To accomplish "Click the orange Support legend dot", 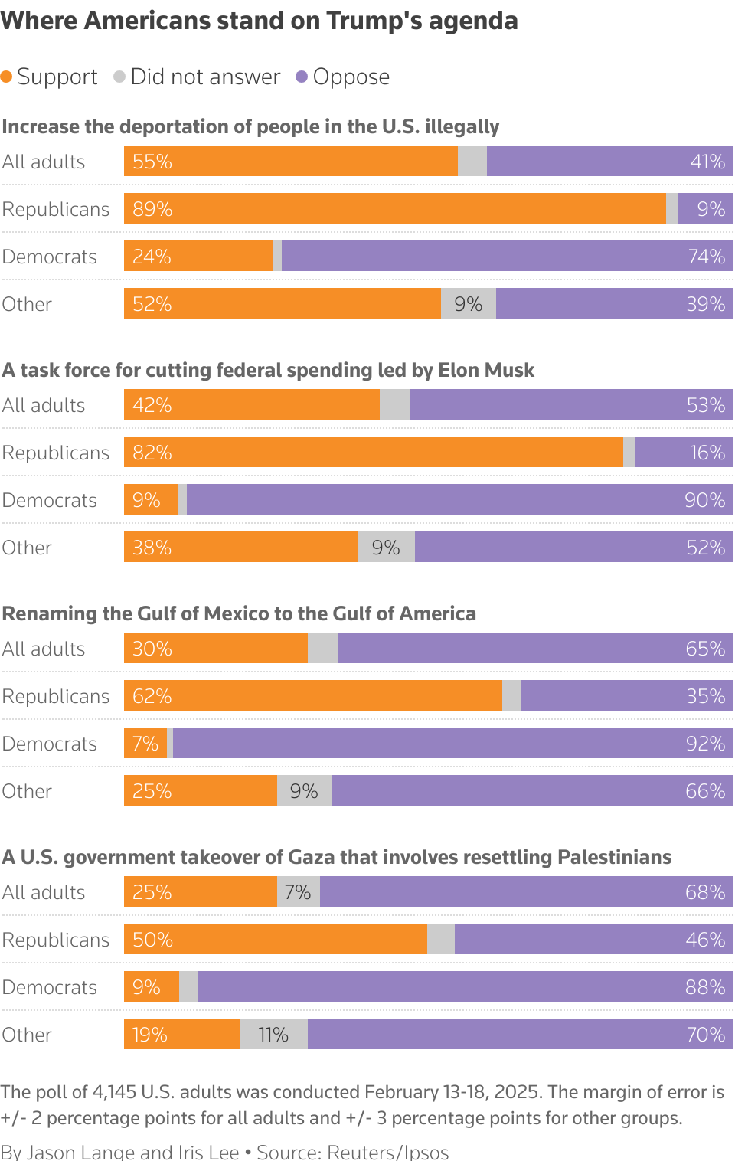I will coord(7,77).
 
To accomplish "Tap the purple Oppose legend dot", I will coord(302,77).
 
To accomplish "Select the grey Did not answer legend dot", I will coord(119,77).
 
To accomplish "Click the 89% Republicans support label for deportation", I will coord(152,209).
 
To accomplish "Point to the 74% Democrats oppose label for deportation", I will coord(706,257).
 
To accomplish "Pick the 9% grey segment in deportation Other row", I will coord(468,304).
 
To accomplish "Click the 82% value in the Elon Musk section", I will coord(152,453).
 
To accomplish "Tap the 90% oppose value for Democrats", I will coord(704,500).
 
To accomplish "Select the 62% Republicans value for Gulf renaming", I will coord(152,696).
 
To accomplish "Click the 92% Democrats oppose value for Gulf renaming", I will coord(705,744).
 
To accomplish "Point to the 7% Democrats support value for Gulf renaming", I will coord(145,744).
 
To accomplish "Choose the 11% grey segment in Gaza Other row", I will coord(273,1035).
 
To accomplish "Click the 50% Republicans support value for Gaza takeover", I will coord(152,940).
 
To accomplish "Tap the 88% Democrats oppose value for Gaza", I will coord(705,987).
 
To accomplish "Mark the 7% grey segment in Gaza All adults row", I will coord(298,892).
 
